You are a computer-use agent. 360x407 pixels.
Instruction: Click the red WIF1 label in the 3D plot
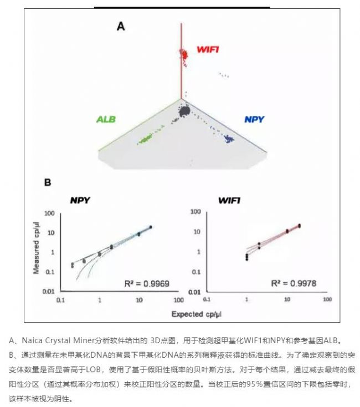coord(208,50)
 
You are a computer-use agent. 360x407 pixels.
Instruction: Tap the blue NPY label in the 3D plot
coord(254,119)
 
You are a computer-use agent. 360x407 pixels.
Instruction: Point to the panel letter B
coord(48,182)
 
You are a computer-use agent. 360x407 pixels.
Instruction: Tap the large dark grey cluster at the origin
coord(183,112)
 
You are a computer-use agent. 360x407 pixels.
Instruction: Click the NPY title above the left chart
coord(81,200)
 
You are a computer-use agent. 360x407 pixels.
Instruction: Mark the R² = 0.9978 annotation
coord(293,283)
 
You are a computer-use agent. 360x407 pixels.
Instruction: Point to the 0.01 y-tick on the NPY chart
coord(48,291)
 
